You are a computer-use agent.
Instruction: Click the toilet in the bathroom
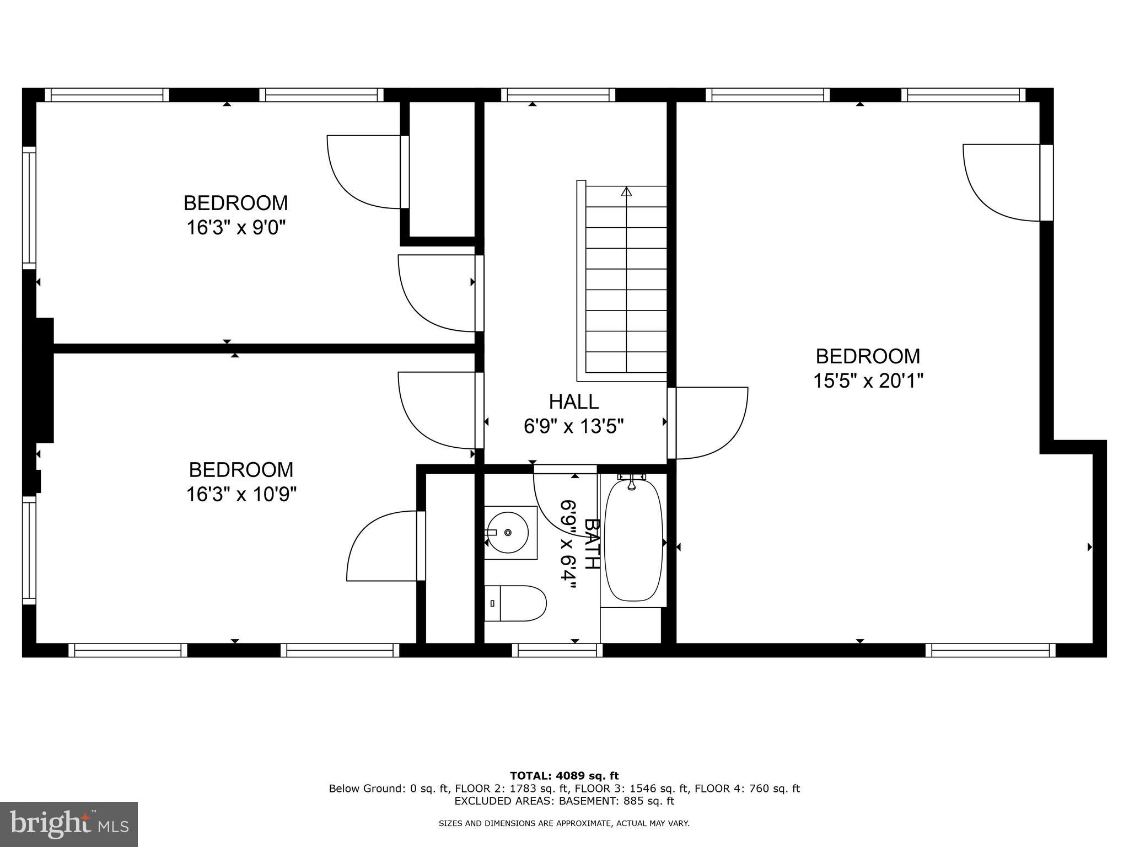pos(515,603)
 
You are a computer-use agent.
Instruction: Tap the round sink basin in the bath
pos(507,532)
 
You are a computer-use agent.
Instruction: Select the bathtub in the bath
pos(633,540)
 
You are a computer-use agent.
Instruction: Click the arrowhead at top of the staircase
pos(626,192)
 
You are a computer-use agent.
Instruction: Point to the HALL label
pos(573,401)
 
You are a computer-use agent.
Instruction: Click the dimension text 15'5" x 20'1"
pos(868,380)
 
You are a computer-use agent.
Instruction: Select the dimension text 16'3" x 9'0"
pos(236,227)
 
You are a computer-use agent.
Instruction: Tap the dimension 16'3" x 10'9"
pos(241,494)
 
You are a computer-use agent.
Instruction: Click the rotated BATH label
pos(591,543)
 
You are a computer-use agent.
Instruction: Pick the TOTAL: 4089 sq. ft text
pos(564,776)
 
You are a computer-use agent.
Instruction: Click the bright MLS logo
pos(68,824)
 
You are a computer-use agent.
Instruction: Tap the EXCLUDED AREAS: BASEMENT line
pos(564,801)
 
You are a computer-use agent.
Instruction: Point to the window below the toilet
pos(557,650)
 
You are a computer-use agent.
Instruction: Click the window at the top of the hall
pos(558,95)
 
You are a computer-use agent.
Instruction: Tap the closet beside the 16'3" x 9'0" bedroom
pos(442,168)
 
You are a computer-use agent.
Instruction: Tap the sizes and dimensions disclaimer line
pos(564,823)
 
